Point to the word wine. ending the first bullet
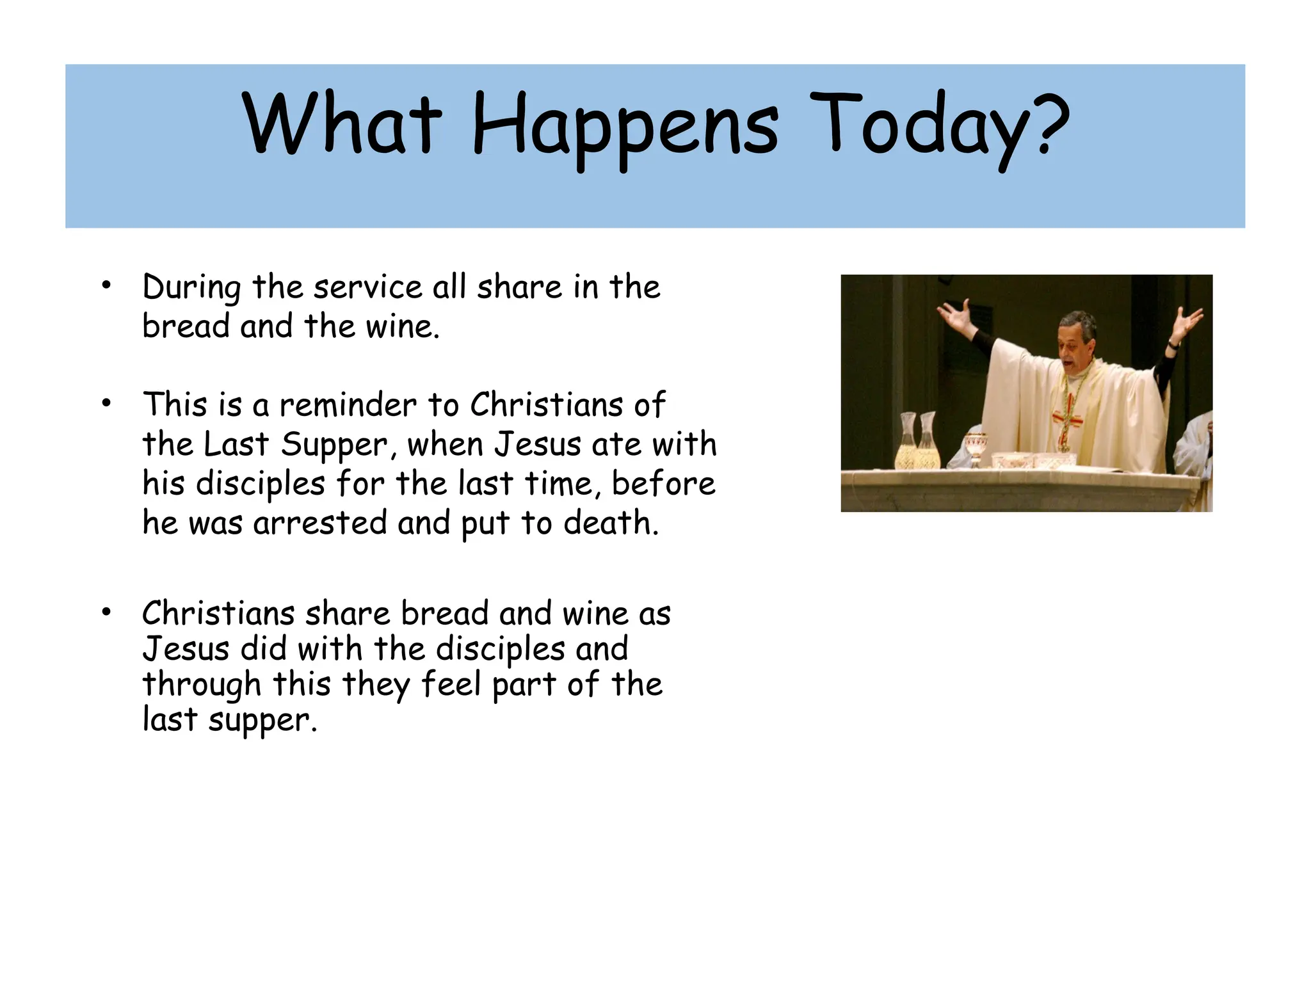tap(403, 326)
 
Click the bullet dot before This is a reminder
tap(106, 403)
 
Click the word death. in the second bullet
tap(611, 523)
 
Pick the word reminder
tap(348, 405)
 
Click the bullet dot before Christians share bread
tap(106, 612)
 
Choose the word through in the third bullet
tap(202, 685)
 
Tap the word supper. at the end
tap(262, 721)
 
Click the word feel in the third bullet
tap(451, 684)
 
